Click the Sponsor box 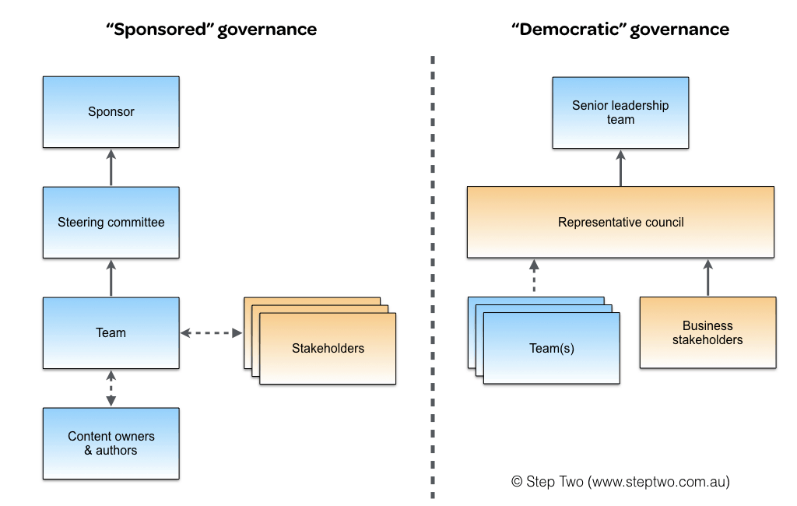pyautogui.click(x=111, y=112)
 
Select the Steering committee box pyautogui.click(x=111, y=222)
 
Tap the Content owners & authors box pyautogui.click(x=111, y=444)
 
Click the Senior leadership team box pyautogui.click(x=620, y=112)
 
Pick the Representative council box pyautogui.click(x=620, y=222)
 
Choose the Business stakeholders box pyautogui.click(x=708, y=332)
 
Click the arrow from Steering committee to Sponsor pyautogui.click(x=111, y=167)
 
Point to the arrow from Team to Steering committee pyautogui.click(x=111, y=278)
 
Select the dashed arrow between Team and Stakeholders pyautogui.click(x=212, y=333)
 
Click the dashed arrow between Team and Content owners pyautogui.click(x=111, y=388)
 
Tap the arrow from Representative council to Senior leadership pyautogui.click(x=620, y=168)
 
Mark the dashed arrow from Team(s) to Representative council pyautogui.click(x=534, y=276)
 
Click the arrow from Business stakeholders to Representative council pyautogui.click(x=708, y=278)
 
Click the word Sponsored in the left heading pyautogui.click(x=160, y=30)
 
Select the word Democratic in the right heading pyautogui.click(x=569, y=30)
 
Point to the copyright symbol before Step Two pyautogui.click(x=517, y=482)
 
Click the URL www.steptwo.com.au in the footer pyautogui.click(x=658, y=482)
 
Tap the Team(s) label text pyautogui.click(x=552, y=348)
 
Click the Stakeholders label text pyautogui.click(x=328, y=348)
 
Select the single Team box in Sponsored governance pyautogui.click(x=111, y=333)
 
